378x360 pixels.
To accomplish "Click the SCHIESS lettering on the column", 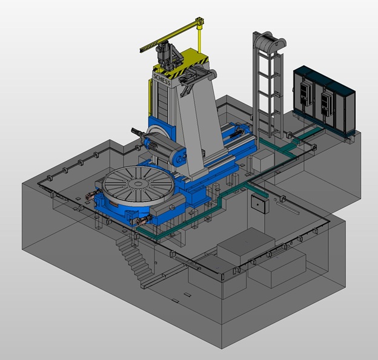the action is click(x=162, y=80).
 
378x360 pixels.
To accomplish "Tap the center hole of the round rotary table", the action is click(x=138, y=184).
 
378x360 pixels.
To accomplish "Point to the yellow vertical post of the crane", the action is click(x=199, y=39).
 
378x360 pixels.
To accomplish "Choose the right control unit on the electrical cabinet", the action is click(x=326, y=103).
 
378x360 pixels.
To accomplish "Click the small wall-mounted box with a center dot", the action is click(x=259, y=204).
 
